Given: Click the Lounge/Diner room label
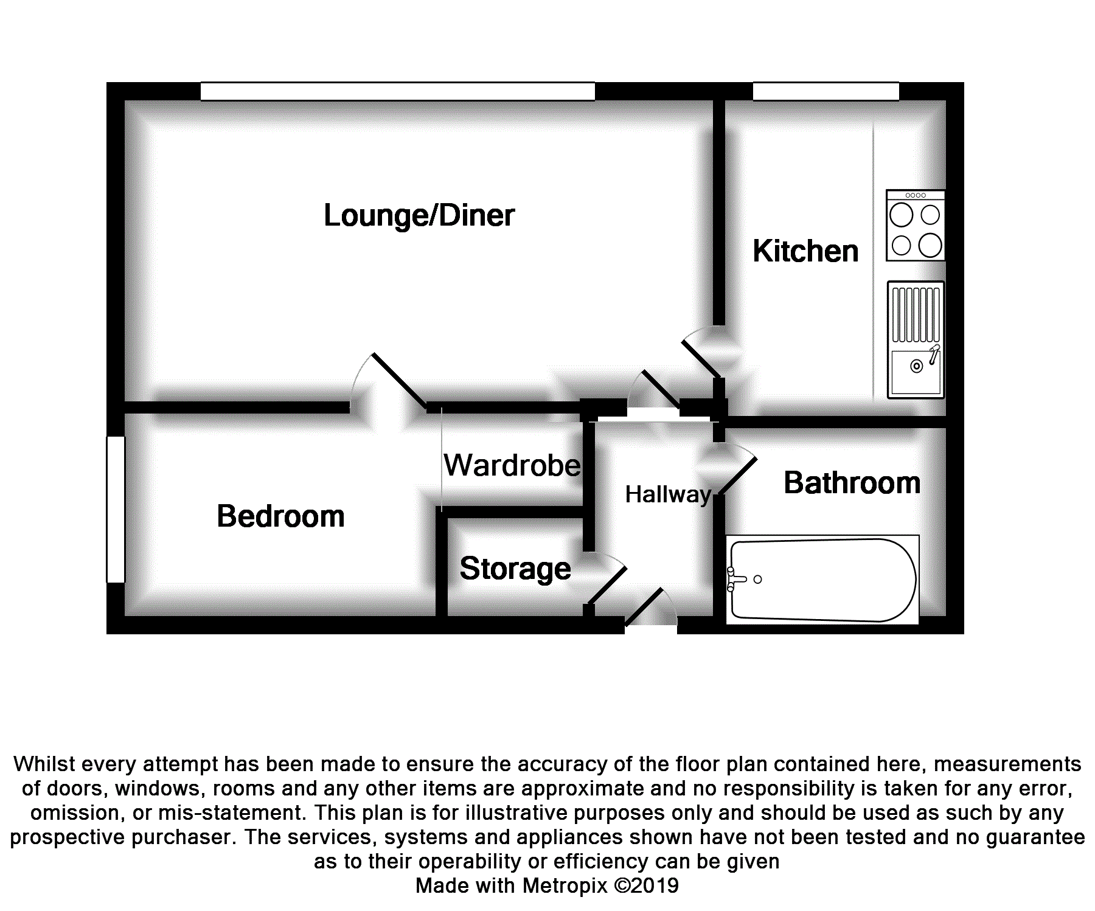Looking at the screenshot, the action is tap(419, 216).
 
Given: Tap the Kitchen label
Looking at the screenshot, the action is tap(805, 251).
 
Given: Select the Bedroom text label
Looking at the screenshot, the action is tap(280, 516).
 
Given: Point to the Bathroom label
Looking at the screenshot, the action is tap(852, 483).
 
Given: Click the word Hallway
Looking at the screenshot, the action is tap(668, 495).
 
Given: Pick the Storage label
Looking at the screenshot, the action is tap(515, 569).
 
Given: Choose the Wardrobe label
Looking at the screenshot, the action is tap(512, 465).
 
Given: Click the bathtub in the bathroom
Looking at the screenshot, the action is tap(822, 580).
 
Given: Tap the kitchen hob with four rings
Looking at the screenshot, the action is tap(916, 226).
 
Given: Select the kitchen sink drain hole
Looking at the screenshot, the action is tap(916, 366).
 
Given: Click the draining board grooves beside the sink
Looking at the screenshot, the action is tap(916, 315).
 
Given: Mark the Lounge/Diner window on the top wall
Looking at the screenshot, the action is tap(398, 91).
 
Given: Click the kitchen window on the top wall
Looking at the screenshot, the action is tap(826, 91).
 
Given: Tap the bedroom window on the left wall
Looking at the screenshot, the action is tap(116, 510).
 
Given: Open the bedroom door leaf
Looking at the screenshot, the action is tap(399, 380).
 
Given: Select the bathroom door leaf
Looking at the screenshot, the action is tap(738, 476).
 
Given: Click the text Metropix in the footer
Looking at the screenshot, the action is tap(565, 885).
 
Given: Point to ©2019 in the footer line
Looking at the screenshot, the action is tap(646, 885).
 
